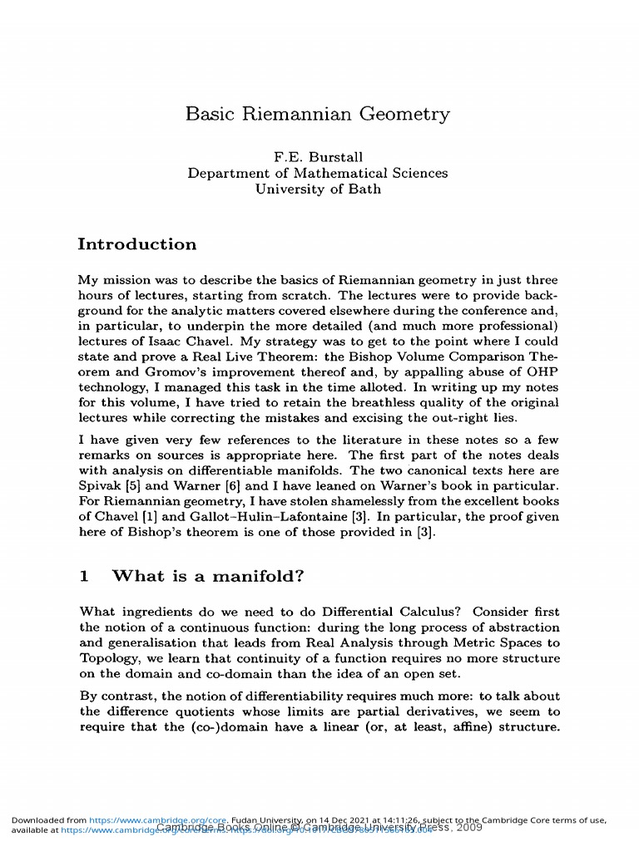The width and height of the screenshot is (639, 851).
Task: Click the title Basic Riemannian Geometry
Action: pos(318,114)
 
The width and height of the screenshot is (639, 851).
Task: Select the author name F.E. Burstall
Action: pos(318,157)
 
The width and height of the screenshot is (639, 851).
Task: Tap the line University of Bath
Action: pos(318,189)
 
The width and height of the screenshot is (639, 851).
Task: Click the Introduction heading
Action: pos(137,244)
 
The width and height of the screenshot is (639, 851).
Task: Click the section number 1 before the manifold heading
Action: pos(83,575)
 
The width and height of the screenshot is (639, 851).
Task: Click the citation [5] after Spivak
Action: pos(134,486)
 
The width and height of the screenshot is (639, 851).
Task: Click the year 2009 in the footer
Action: pos(468,828)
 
